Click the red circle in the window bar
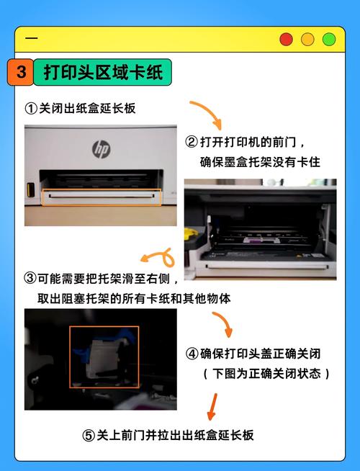click(x=287, y=39)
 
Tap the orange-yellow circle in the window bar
click(x=307, y=39)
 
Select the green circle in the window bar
click(x=329, y=39)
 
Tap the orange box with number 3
click(x=21, y=73)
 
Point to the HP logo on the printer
click(x=101, y=148)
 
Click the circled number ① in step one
click(x=30, y=109)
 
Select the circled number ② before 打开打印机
click(x=191, y=141)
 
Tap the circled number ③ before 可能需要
click(x=30, y=278)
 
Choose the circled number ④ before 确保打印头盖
click(x=192, y=354)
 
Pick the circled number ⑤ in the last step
click(x=88, y=435)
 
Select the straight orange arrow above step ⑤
click(x=212, y=406)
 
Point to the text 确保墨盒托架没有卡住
click(x=259, y=162)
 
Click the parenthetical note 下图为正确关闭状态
click(x=266, y=374)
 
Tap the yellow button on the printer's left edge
click(x=30, y=190)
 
